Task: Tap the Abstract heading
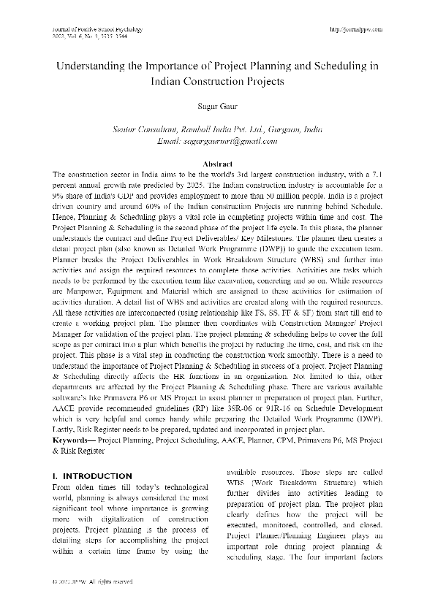217,164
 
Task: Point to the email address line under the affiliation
217,140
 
